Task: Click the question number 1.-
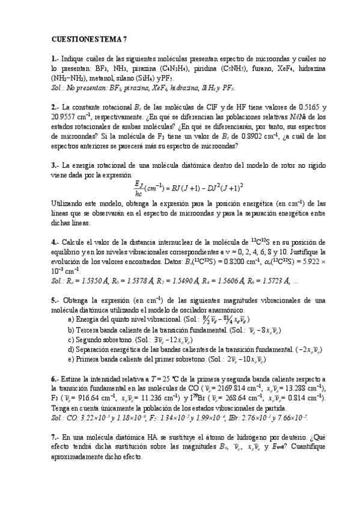pos(56,59)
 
